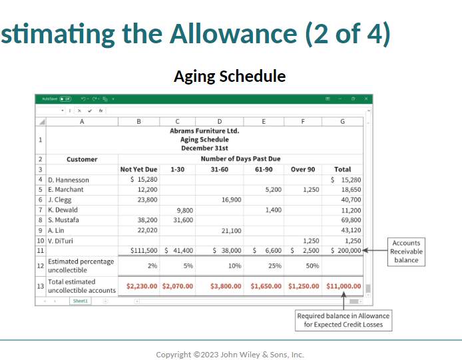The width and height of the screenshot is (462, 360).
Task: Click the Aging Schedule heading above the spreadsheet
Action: coord(230,77)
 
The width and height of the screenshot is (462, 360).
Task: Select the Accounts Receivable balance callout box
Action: coord(406,252)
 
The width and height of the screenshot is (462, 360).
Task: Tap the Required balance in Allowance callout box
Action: coord(344,320)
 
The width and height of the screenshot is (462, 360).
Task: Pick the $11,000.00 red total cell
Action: coord(344,286)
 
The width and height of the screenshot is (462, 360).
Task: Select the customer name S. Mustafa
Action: coord(63,220)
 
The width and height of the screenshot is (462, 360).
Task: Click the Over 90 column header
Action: coord(303,170)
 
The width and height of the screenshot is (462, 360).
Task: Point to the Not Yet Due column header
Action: coord(138,170)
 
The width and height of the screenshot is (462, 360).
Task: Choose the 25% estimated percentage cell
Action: coord(275,266)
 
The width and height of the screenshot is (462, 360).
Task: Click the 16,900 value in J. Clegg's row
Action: coord(231,200)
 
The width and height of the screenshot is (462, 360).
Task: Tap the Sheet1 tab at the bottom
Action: coord(80,301)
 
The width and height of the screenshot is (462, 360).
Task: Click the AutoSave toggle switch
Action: coord(65,99)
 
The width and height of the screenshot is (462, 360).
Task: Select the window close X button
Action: coord(366,98)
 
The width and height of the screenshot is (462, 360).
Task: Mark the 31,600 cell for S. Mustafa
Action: coord(183,220)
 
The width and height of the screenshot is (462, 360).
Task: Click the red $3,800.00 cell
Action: coord(226,286)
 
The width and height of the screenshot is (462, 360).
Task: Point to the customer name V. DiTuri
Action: coord(61,241)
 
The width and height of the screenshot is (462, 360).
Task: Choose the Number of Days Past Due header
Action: coord(240,159)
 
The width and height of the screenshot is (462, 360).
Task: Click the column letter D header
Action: coord(220,121)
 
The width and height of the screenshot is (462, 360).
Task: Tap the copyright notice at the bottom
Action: coord(230,355)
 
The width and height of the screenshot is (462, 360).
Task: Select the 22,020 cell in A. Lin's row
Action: coord(147,230)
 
